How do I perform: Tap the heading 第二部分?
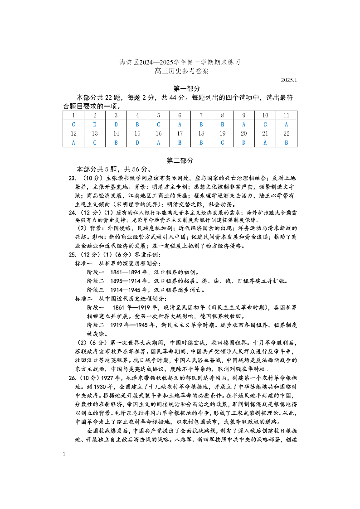coord(180,160)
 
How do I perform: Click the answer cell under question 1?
coord(73,125)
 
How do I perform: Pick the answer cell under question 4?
coord(137,125)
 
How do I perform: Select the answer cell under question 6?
coord(180,125)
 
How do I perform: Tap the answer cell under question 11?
coord(287,125)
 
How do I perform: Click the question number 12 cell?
coord(73,134)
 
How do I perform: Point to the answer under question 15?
coord(137,142)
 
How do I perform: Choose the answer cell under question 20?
coord(244,142)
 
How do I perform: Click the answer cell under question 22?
coord(287,142)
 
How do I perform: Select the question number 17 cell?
coord(180,134)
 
